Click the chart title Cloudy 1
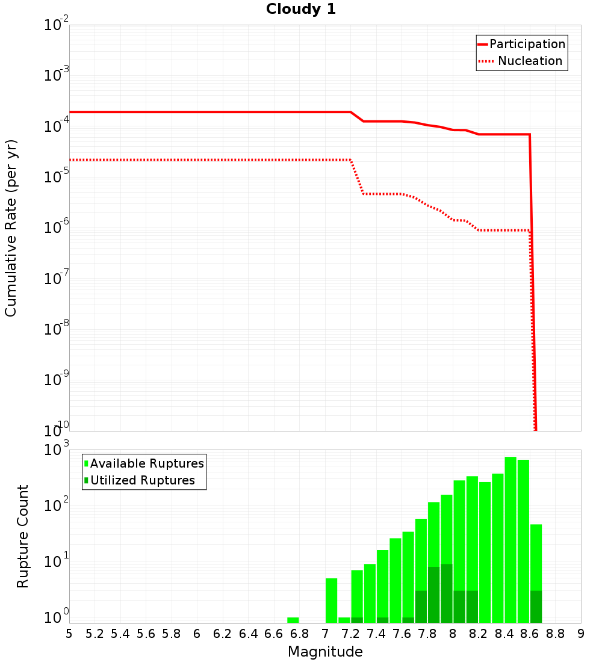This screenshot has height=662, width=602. point(301,10)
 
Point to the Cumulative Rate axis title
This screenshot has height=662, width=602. point(11,227)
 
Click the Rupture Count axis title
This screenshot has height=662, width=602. point(23,536)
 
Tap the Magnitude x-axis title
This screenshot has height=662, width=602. point(325,652)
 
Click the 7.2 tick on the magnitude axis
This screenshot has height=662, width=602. point(350,634)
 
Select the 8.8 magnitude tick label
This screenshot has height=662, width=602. point(555,634)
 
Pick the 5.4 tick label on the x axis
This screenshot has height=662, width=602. point(120,634)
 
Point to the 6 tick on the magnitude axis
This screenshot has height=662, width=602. point(197,634)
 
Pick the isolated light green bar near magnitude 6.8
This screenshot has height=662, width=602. point(293,620)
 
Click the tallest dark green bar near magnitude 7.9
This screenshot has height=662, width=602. point(446,593)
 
